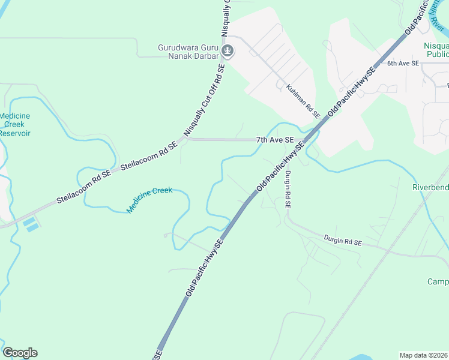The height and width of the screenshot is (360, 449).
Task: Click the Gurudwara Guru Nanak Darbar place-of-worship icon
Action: click(x=228, y=51)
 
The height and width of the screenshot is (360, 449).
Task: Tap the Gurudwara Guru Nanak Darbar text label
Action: click(x=187, y=51)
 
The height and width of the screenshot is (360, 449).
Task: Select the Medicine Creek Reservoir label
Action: click(x=14, y=124)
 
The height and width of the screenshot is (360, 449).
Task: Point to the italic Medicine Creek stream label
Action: click(x=149, y=200)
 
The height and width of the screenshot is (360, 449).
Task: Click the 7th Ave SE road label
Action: click(x=275, y=140)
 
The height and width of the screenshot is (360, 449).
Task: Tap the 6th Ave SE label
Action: click(x=402, y=63)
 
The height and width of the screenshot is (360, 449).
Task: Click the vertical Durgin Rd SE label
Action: click(x=288, y=189)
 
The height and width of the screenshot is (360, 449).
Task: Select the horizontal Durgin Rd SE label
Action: click(x=342, y=241)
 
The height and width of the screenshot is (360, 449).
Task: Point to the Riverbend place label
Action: click(x=430, y=187)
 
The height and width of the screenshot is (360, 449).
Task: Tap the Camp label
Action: click(x=438, y=282)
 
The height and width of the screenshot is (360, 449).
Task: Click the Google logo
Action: click(x=20, y=353)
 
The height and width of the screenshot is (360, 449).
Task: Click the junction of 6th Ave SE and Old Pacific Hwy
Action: click(x=377, y=63)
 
